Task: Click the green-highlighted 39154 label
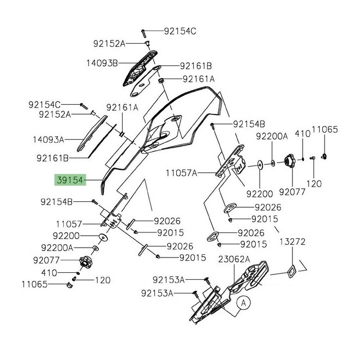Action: [69, 180]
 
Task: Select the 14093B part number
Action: [101, 63]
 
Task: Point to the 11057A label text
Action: [182, 173]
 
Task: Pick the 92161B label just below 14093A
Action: [53, 159]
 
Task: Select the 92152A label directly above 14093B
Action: [109, 43]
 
